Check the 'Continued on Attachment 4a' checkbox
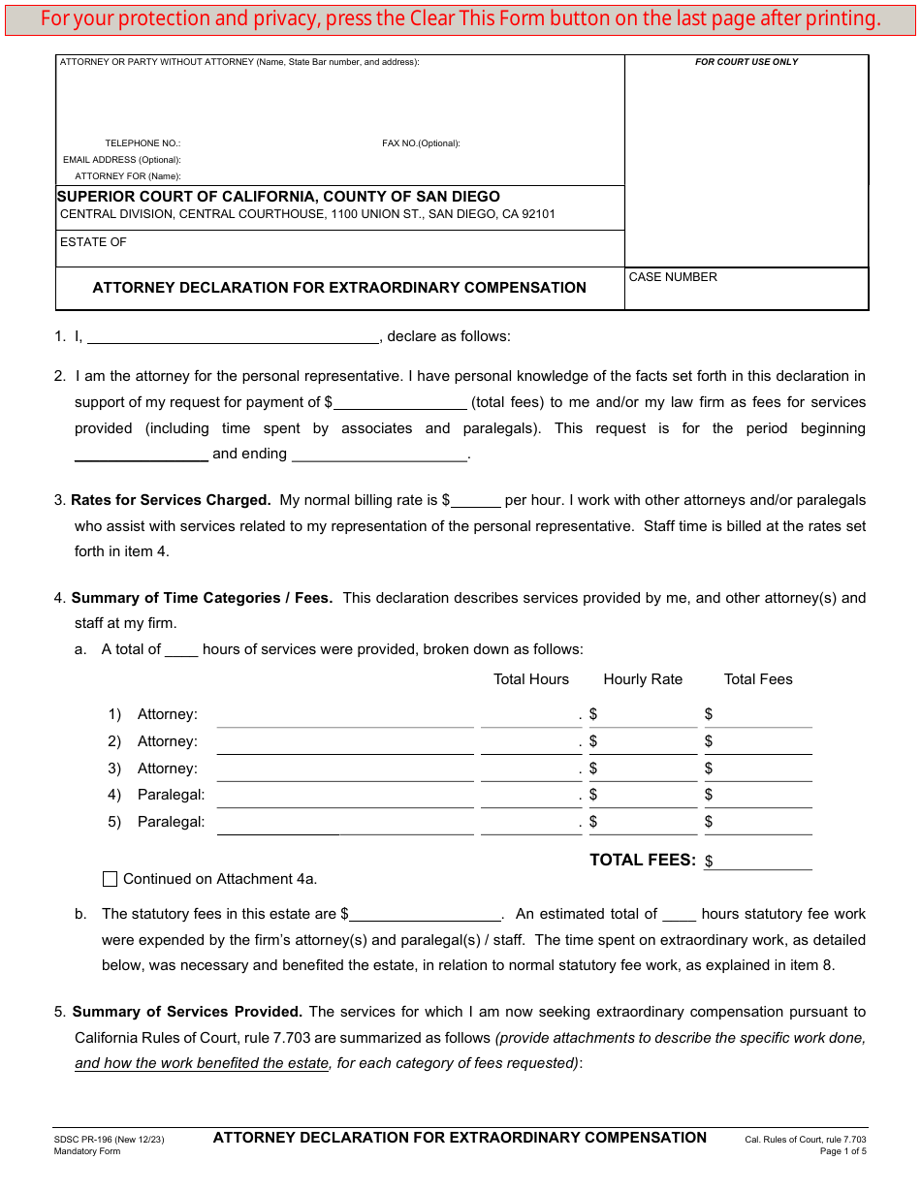(x=111, y=879)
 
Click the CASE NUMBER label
(x=673, y=277)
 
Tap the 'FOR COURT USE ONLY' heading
(x=746, y=62)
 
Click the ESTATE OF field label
(x=93, y=242)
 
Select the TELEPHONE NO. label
(x=143, y=143)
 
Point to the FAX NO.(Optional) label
(x=421, y=143)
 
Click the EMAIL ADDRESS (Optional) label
(x=122, y=160)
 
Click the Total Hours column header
(x=531, y=679)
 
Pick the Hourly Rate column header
(x=643, y=679)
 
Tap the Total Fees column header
(x=758, y=679)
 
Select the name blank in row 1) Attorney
(x=345, y=716)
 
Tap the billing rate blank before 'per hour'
(x=476, y=501)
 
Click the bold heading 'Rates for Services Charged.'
(x=171, y=500)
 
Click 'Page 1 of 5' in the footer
(x=842, y=1151)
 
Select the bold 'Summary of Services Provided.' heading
(x=187, y=1012)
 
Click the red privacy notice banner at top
(x=460, y=18)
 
